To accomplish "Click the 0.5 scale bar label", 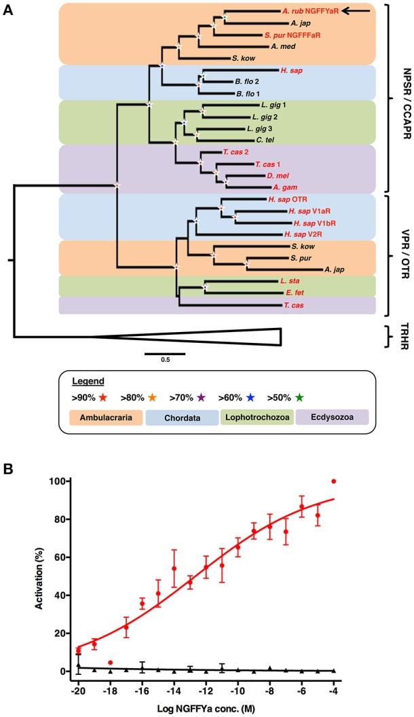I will tap(165, 360).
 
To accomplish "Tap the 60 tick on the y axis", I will tap(62, 557).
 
